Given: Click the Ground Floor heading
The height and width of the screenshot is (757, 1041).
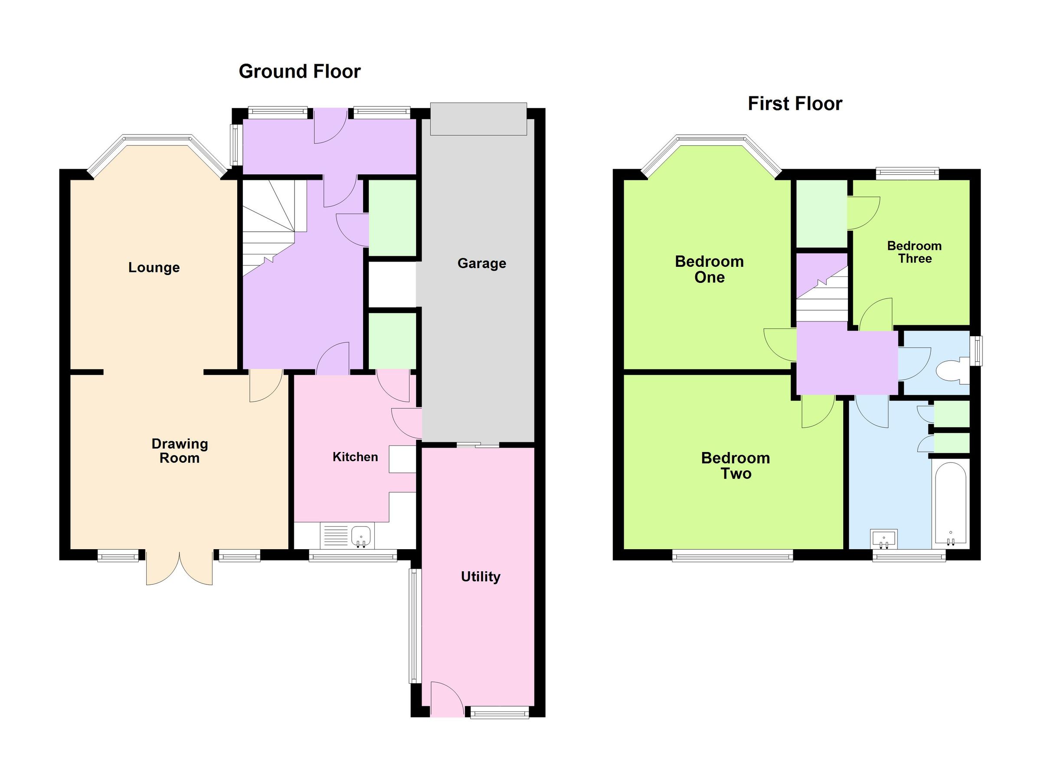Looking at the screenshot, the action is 300,72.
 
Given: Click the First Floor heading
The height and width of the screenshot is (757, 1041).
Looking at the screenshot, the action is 795,104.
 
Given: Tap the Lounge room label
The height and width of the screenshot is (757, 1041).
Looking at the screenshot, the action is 154,268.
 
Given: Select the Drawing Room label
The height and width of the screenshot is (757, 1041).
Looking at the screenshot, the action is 180,451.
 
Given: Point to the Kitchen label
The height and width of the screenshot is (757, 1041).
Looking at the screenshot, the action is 355,457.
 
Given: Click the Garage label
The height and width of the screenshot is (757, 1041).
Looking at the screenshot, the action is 481,263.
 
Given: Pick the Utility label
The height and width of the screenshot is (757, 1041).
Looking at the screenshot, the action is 481,577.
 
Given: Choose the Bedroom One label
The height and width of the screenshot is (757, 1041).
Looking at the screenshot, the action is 709,269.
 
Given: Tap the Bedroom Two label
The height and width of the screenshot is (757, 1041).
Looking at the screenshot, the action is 735,465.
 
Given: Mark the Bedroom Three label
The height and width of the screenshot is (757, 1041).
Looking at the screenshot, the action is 914,252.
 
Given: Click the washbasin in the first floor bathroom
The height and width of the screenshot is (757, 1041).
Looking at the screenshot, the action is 884,538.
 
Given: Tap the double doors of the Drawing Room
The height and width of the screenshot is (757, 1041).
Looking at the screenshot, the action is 180,568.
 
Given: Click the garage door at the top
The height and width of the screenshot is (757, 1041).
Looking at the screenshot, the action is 478,119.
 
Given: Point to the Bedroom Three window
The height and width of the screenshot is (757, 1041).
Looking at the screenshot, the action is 907,173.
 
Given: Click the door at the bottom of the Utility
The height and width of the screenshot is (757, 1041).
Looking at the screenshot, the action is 447,699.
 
